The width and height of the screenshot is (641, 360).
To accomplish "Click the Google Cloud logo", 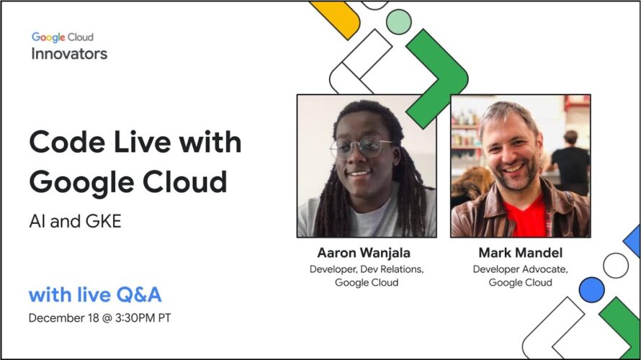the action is (x=63, y=37).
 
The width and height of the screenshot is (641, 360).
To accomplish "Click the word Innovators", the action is (x=69, y=54).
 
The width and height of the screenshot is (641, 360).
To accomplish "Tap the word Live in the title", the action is (x=142, y=143).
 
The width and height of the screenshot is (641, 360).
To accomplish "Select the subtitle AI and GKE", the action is (x=75, y=222).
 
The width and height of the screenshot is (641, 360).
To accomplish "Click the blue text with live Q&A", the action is (x=95, y=295).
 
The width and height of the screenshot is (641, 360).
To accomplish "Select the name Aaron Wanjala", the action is (x=364, y=253).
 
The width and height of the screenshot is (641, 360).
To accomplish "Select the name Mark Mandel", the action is (x=521, y=253).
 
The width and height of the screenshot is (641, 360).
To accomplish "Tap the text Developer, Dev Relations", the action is (x=367, y=269).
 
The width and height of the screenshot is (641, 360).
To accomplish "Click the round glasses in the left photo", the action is (x=361, y=148).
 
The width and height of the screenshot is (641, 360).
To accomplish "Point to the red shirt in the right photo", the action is (x=525, y=217).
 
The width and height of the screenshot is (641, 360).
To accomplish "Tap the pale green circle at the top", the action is (x=398, y=22).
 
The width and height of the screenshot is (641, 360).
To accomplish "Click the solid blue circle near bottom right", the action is (x=591, y=289).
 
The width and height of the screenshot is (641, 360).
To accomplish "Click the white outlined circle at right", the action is (x=616, y=266).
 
